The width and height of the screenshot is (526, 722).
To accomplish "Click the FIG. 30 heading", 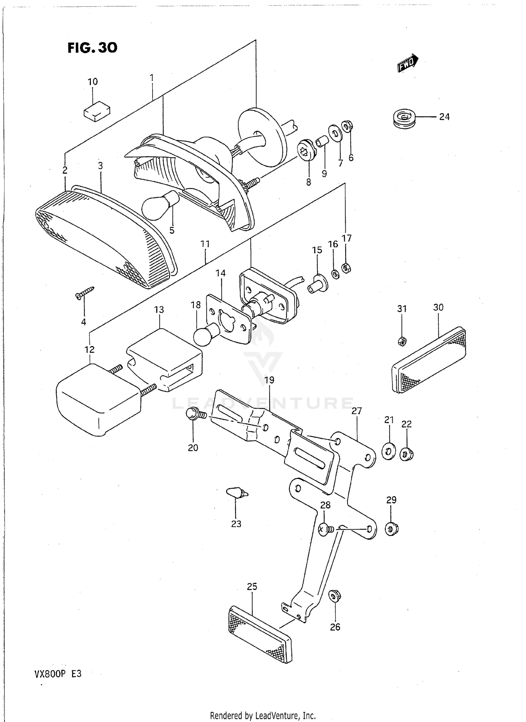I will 92,47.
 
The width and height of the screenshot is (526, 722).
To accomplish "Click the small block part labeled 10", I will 97,111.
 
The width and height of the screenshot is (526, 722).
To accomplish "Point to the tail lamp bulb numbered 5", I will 160,205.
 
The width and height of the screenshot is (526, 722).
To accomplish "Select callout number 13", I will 159,310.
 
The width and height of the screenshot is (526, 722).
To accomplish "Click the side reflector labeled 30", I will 429,360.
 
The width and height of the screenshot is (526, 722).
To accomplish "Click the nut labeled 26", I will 335,595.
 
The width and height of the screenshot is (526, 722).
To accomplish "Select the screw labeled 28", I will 325,529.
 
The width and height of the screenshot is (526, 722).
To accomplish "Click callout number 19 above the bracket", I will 269,380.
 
